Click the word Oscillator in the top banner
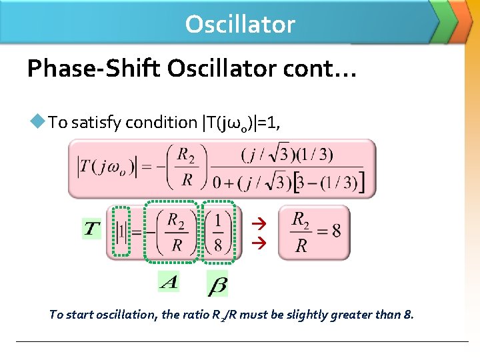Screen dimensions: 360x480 [x=240, y=24]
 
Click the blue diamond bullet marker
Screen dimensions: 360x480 [x=37, y=121]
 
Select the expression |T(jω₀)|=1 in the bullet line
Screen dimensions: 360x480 [x=238, y=122]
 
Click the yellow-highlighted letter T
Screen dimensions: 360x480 [x=92, y=230]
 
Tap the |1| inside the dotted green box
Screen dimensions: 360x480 [x=121, y=231]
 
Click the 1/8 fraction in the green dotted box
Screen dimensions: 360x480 [x=219, y=231]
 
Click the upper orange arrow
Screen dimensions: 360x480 [x=262, y=223]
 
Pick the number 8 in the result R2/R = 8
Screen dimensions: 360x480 [x=336, y=231]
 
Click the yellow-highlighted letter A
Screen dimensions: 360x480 [x=169, y=282]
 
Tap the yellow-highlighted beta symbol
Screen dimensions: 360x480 [x=217, y=285]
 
